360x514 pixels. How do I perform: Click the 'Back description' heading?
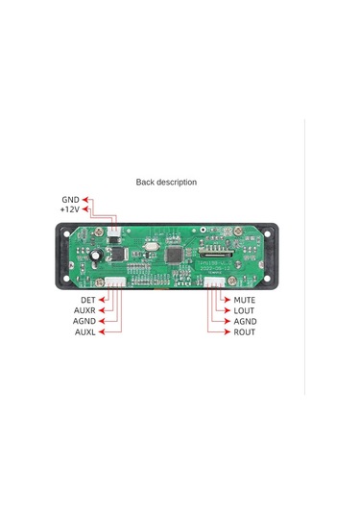pos(166,182)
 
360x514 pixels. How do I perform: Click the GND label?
pos(70,199)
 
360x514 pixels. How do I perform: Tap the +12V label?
pos(69,208)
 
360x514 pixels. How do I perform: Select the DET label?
pos(87,301)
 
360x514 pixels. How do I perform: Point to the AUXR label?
pos(84,311)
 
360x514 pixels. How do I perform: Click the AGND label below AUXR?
pos(84,322)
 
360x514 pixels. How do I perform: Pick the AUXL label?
pos(84,332)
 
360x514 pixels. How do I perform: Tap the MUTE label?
pos(245,301)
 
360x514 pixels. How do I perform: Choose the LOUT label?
pos(244,311)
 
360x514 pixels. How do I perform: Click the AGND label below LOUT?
pos(245,322)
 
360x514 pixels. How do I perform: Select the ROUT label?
pos(244,332)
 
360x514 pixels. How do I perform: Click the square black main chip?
pos(175,257)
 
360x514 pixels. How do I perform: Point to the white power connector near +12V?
pos(113,234)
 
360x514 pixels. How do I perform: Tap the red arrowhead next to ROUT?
pos(228,332)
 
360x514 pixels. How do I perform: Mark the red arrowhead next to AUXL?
pos(102,332)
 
